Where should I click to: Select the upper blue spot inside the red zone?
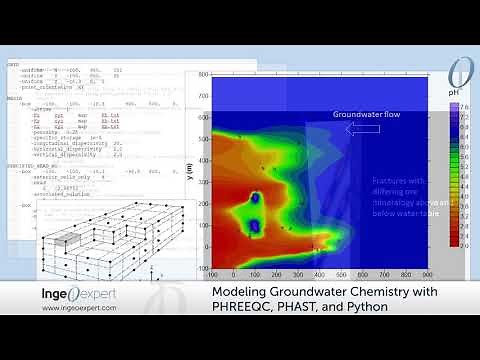coord(254,199)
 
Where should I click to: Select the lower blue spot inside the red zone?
coord(253,227)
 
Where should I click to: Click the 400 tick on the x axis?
coord(319,274)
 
